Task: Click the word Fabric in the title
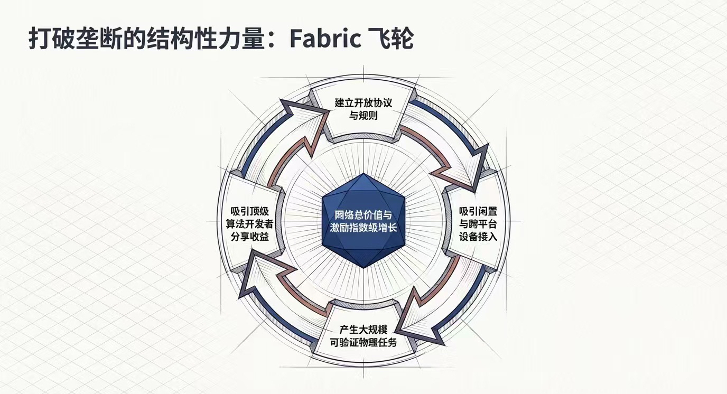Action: pyautogui.click(x=325, y=38)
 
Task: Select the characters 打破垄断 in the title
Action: pyautogui.click(x=67, y=38)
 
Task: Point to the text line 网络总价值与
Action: pyautogui.click(x=363, y=214)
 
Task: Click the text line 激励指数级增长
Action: pyautogui.click(x=363, y=228)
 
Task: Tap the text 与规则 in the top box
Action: pyautogui.click(x=363, y=115)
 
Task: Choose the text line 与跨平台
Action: pyautogui.click(x=478, y=223)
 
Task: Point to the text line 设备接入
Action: pyautogui.click(x=478, y=236)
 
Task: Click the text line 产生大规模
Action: pyautogui.click(x=363, y=330)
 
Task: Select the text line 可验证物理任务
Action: pyautogui.click(x=363, y=342)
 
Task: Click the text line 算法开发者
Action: pyautogui.click(x=250, y=223)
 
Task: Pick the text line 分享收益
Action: pyautogui.click(x=250, y=236)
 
